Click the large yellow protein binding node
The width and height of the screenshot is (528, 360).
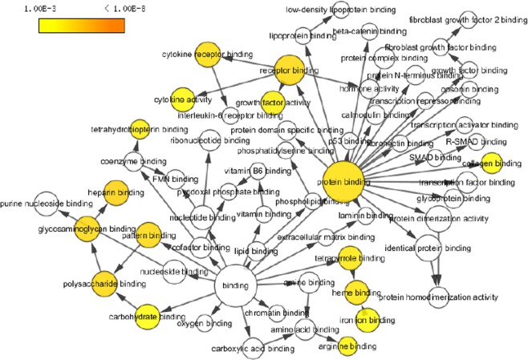click(x=346, y=181)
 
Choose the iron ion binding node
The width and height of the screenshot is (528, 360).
click(x=368, y=320)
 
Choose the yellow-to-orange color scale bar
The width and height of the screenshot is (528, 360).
click(x=81, y=25)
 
